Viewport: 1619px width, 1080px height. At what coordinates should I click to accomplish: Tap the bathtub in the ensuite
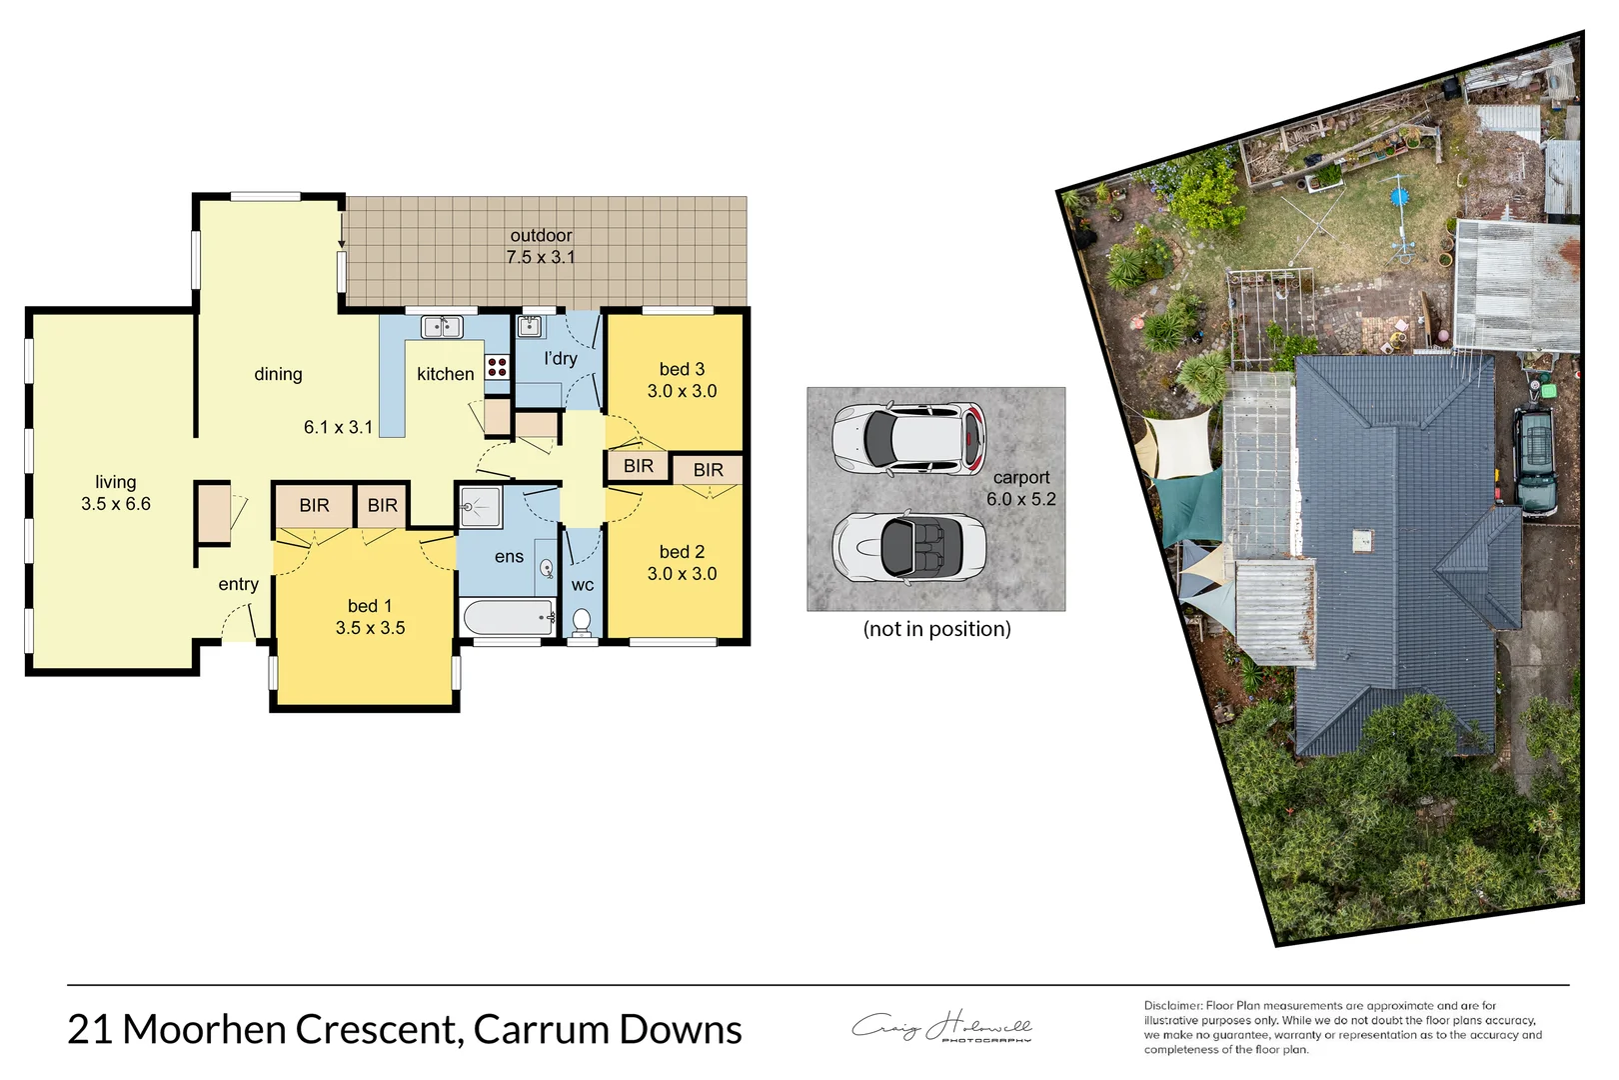(508, 617)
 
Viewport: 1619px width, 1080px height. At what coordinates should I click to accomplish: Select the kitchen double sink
(441, 327)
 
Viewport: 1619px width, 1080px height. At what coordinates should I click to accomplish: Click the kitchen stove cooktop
(497, 367)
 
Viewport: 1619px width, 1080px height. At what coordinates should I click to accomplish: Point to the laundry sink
(530, 326)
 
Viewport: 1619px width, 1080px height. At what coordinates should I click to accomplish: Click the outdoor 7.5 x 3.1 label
(541, 246)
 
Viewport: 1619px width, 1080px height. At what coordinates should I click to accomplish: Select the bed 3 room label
(682, 370)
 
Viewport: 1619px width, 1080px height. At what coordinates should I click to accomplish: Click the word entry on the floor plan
(238, 584)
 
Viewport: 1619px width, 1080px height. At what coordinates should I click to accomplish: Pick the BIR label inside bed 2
(708, 470)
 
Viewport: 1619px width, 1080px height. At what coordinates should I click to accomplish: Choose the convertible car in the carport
(908, 547)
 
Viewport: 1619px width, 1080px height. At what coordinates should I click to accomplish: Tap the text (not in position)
(936, 629)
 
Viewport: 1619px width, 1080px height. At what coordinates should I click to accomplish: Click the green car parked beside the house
(1534, 459)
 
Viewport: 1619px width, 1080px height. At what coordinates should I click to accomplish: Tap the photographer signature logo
(940, 1027)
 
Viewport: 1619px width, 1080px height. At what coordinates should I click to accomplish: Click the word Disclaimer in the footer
(1172, 1006)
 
